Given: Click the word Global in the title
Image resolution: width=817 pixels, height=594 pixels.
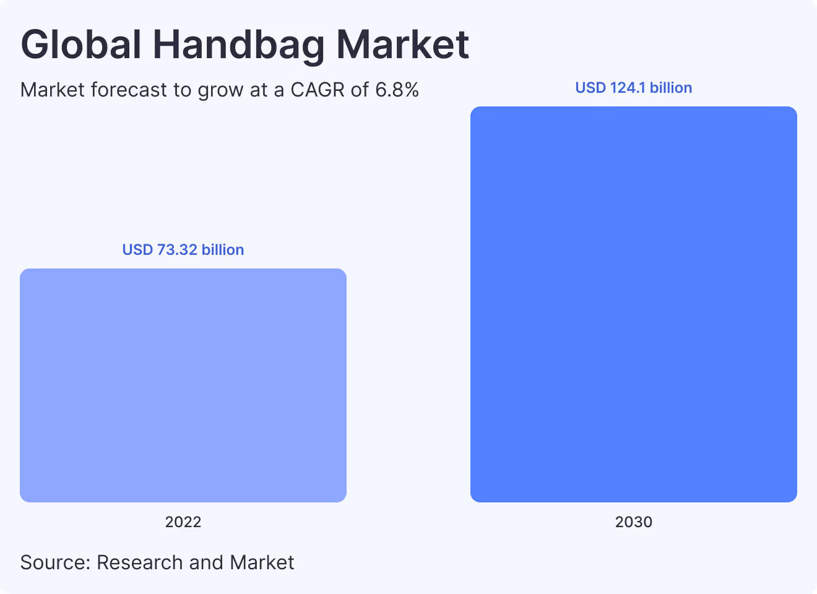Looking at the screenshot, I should coord(81,45).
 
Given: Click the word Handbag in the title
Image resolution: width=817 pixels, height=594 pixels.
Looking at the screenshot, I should coord(238,45).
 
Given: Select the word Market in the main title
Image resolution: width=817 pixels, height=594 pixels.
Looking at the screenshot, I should coord(402,45).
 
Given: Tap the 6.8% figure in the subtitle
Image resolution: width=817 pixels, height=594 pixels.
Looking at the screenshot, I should coord(397,90).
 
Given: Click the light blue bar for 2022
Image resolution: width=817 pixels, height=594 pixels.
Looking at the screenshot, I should coord(183,385).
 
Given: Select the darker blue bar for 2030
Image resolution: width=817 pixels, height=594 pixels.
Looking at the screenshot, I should coord(633,304).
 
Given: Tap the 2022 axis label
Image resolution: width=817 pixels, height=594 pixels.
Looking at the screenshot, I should coord(183,522).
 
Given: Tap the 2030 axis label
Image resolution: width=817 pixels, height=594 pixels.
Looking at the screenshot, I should coord(633,522).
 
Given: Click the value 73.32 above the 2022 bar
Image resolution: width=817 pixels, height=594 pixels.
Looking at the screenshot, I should coord(177,250).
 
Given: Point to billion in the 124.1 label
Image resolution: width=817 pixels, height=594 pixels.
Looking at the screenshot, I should coord(670,88).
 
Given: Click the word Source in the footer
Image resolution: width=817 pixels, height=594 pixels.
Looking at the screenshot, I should coord(55,562).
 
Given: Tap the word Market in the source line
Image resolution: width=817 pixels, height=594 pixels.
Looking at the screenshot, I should coord(261,562).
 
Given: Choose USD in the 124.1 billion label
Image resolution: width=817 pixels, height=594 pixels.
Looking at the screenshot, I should coord(590,88).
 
